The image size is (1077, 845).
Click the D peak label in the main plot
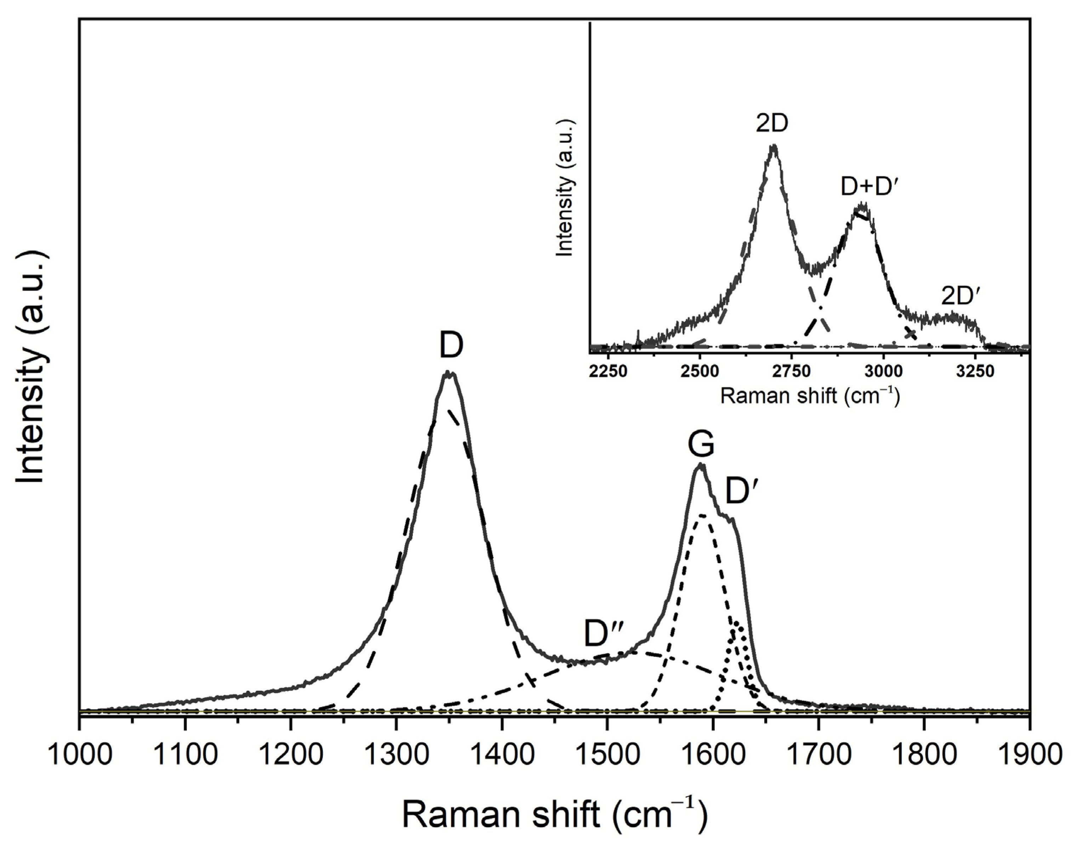(x=451, y=346)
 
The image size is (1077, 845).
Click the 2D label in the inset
(x=772, y=124)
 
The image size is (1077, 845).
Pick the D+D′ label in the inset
(x=869, y=188)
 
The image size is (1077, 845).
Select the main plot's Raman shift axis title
(x=554, y=814)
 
